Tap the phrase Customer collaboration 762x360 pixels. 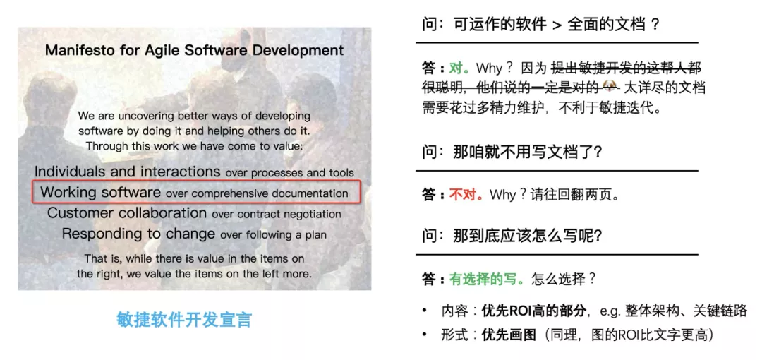[x=127, y=213]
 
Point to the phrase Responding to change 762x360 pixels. [x=138, y=234]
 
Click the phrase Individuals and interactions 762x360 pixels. [x=127, y=172]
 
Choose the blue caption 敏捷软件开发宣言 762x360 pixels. [x=184, y=320]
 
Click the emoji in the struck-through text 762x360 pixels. [x=610, y=88]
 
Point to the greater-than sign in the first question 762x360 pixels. [x=557, y=25]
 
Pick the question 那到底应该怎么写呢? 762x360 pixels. [x=513, y=236]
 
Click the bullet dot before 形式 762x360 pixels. [x=425, y=335]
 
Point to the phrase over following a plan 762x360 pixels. [x=273, y=235]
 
